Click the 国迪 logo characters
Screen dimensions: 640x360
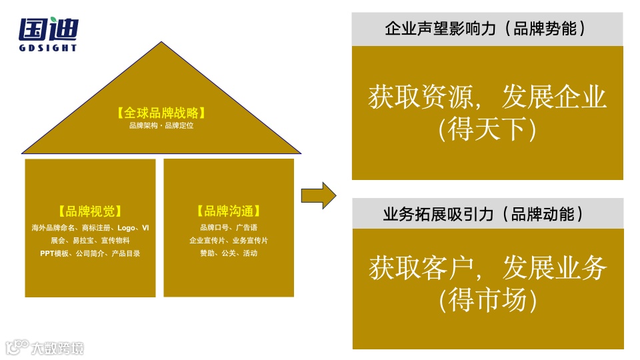click(x=49, y=29)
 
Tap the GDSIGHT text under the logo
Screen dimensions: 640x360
click(x=49, y=48)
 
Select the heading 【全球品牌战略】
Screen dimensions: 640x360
click(x=161, y=113)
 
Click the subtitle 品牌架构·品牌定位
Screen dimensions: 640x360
click(x=161, y=125)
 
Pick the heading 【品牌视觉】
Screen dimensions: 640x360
click(x=90, y=211)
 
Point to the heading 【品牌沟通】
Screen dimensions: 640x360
click(x=229, y=211)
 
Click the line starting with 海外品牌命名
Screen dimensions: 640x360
click(x=90, y=228)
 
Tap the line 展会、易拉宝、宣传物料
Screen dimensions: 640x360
click(x=90, y=241)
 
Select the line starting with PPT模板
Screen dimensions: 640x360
click(x=90, y=253)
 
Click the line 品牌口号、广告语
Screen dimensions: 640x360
click(x=229, y=228)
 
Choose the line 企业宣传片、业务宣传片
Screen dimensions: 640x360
click(x=229, y=241)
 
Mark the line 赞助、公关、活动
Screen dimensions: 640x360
click(x=229, y=253)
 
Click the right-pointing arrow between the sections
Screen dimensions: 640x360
click(x=318, y=195)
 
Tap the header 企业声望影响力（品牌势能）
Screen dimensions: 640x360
click(x=487, y=29)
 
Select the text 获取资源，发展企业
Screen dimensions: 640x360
click(x=487, y=97)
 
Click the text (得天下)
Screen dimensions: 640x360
click(x=487, y=129)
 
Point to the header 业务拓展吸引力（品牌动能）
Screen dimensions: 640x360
click(x=487, y=214)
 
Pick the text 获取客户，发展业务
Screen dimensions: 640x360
click(x=487, y=269)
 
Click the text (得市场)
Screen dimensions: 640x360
click(x=487, y=301)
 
